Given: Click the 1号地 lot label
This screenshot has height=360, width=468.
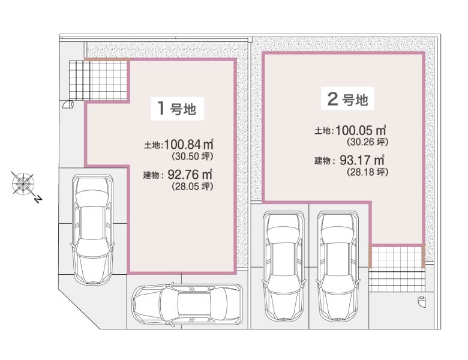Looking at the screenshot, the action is [177, 109].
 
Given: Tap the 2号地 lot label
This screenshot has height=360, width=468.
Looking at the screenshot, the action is [348, 99].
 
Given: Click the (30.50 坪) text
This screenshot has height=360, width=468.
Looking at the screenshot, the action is [193, 156].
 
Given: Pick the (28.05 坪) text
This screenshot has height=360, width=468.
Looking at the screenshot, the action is [193, 187].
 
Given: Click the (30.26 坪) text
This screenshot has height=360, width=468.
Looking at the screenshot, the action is [368, 142].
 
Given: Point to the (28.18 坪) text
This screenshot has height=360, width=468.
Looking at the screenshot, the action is [368, 172].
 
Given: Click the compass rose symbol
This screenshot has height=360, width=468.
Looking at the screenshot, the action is [23, 182].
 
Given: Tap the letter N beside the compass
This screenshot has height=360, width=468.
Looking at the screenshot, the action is [38, 199].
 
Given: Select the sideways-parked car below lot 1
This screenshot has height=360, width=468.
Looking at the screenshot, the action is [187, 304].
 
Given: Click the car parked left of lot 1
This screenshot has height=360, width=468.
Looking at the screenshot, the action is [93, 230].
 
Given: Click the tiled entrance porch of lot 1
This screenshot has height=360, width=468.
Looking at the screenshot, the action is [99, 80].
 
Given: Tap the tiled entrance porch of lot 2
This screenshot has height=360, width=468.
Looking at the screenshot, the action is [397, 268].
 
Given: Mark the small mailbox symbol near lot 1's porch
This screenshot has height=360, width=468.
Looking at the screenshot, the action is [68, 104].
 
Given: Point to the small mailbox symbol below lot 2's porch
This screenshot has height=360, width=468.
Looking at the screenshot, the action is [422, 301].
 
